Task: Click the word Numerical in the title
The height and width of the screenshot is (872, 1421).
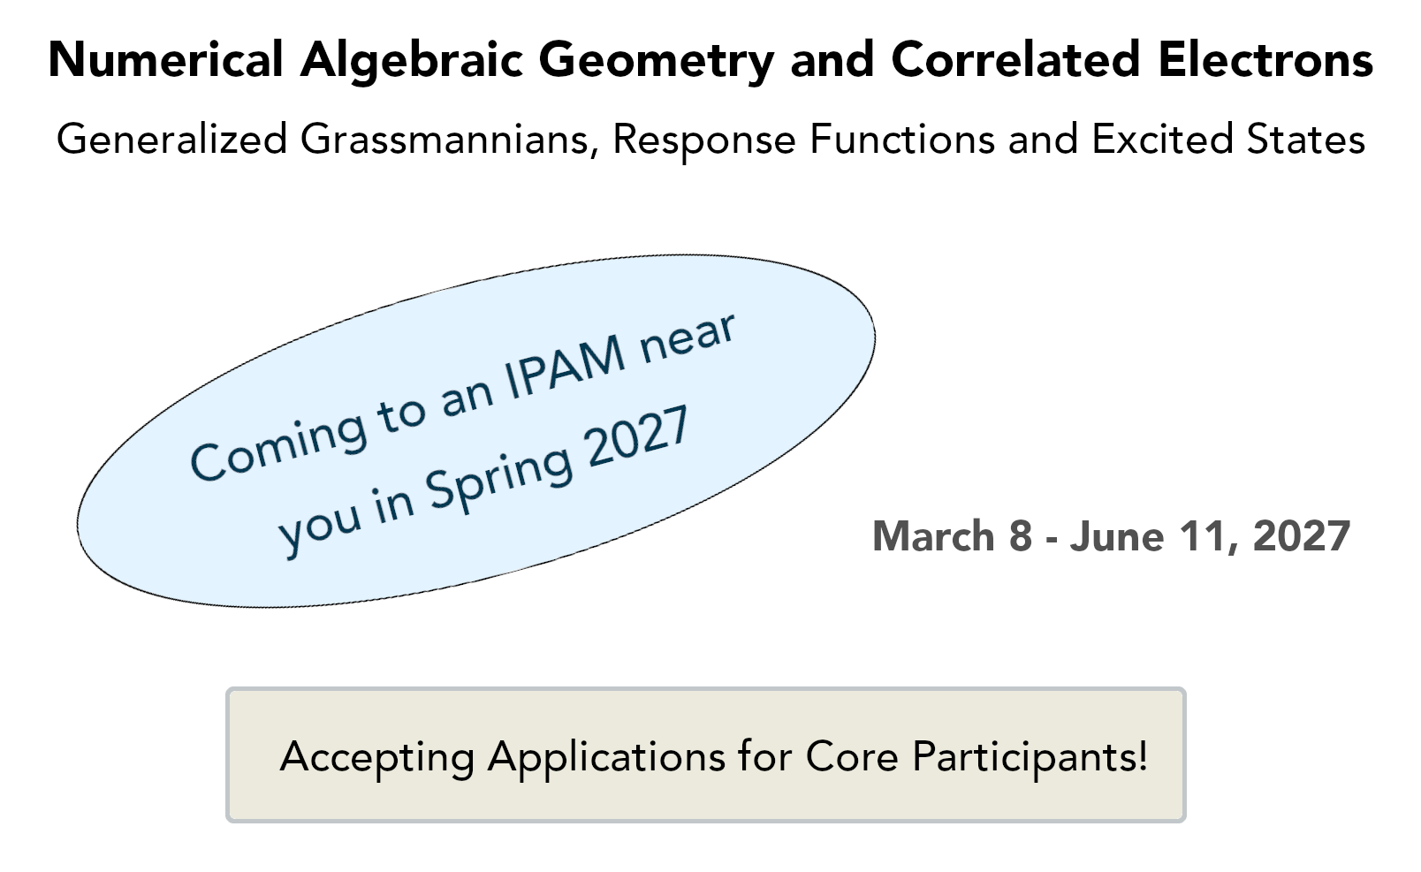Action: coord(165,59)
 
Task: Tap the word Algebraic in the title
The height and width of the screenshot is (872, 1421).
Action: coord(412,62)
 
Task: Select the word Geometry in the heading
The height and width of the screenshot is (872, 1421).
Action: coord(656,62)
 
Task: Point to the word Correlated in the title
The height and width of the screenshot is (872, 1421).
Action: coord(1015,59)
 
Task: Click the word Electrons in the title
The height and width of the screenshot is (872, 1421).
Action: coord(1265,59)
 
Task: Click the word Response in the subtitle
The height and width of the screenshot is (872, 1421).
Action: coord(704,140)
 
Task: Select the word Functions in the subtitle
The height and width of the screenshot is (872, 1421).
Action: coord(903,139)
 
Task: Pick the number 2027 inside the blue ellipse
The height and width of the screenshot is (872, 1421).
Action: coord(638,436)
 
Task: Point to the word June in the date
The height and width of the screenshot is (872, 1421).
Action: coord(1116,536)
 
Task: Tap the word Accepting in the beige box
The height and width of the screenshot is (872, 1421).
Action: coord(377,757)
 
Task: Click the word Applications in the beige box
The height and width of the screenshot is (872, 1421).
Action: coord(606,757)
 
